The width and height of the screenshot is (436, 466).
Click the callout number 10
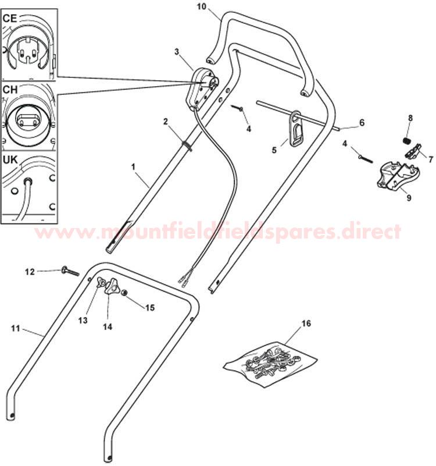pos(201,6)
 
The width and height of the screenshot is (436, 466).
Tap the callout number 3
pos(177,52)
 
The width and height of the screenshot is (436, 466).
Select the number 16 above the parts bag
pos(306,323)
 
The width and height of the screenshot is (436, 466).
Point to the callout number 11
pos(16,328)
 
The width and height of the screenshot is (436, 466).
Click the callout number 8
pos(410,118)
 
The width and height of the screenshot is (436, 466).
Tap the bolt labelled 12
pos(70,271)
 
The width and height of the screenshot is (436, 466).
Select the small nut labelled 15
pos(125,293)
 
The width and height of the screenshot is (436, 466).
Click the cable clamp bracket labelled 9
pos(398,176)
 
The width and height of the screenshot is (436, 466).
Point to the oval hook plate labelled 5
pos(296,129)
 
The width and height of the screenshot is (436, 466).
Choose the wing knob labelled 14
pos(112,286)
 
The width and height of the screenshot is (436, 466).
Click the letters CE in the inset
pos(9,19)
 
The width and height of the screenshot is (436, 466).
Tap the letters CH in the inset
pos(10,90)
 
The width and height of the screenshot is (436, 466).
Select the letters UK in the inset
pos(10,160)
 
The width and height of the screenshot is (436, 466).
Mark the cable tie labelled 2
pos(187,145)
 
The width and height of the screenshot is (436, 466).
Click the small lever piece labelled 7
pos(413,151)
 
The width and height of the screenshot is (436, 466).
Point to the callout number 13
pos(83,320)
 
